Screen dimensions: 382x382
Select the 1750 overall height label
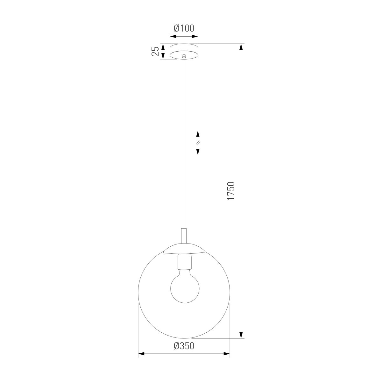pos(231,191)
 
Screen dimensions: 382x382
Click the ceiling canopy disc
pos(184,51)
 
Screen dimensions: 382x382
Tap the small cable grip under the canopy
pos(184,56)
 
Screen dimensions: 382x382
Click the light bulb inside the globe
pos(185,288)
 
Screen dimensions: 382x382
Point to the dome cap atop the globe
pos(184,248)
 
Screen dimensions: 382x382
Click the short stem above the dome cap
pos(184,236)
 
